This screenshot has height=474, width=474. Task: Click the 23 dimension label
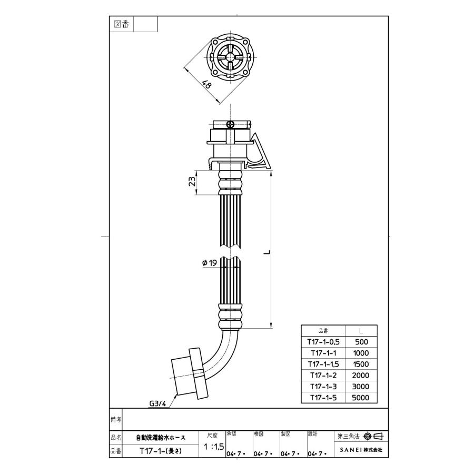(x=193, y=182)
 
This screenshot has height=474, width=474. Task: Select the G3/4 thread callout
(x=157, y=403)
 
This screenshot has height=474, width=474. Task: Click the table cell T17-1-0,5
(x=322, y=342)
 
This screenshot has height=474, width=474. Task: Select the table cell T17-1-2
(x=322, y=375)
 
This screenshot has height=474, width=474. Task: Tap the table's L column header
(x=361, y=331)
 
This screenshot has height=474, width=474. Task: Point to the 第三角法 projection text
(x=348, y=437)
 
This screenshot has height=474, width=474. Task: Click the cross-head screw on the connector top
(x=230, y=124)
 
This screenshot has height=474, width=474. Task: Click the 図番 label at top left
(x=122, y=24)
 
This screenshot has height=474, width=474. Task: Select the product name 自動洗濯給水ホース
(x=161, y=437)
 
